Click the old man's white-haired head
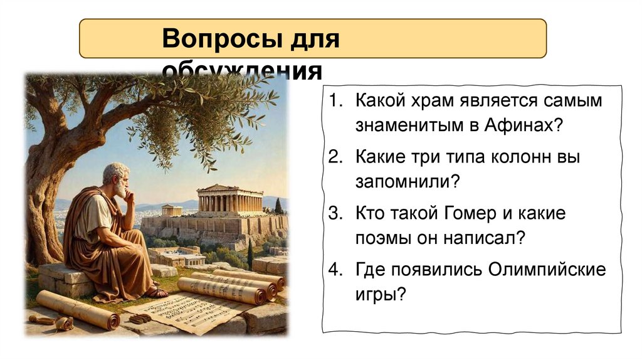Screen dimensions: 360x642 click(x=115, y=176)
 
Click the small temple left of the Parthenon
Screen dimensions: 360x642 click(x=171, y=210)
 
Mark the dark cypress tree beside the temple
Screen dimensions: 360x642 click(x=278, y=206)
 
